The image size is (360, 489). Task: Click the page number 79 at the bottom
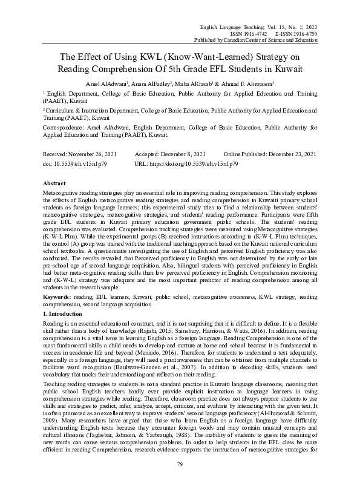pos(180,464)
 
